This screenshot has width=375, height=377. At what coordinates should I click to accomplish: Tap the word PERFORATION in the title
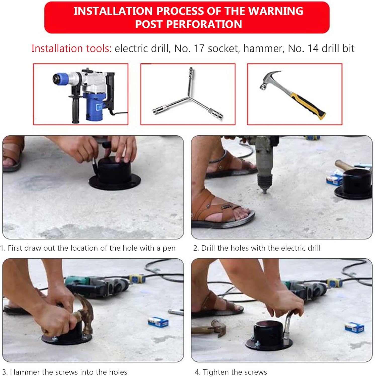coord(204,24)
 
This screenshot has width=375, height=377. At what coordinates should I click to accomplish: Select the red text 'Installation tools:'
coord(71,49)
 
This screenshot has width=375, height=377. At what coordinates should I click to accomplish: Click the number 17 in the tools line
coord(199,49)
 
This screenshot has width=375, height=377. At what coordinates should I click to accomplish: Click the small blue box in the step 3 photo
coord(158,322)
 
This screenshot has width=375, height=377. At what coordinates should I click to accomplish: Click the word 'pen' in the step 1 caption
coord(169,248)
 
